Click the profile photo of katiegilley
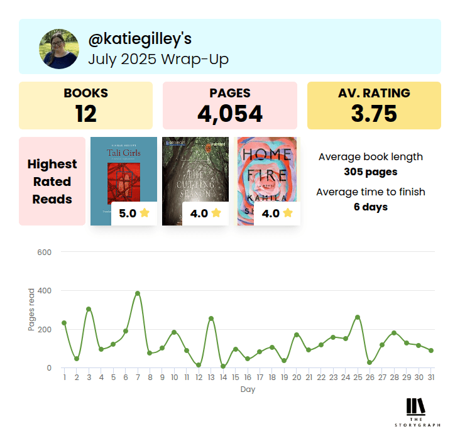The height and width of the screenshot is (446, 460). [x=58, y=48]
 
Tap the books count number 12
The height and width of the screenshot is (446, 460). [x=85, y=113]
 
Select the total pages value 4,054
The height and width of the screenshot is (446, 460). [x=229, y=113]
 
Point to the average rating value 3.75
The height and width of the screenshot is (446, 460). [x=374, y=113]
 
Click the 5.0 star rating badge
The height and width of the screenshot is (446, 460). [x=134, y=213]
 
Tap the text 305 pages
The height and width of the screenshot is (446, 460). [x=370, y=171]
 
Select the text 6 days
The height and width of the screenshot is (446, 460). [x=370, y=207]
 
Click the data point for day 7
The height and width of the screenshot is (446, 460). [x=138, y=293]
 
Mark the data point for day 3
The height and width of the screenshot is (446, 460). [x=89, y=309]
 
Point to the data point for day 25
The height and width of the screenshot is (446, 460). [x=358, y=317]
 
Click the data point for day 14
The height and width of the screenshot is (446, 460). [x=223, y=366]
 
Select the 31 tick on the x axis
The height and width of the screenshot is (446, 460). [x=431, y=378]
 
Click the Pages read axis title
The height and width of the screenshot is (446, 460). [x=31, y=310]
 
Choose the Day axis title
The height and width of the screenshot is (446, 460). [x=248, y=389]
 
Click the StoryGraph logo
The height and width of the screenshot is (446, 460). [x=416, y=412]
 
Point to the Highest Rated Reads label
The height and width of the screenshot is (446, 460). [x=52, y=182]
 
